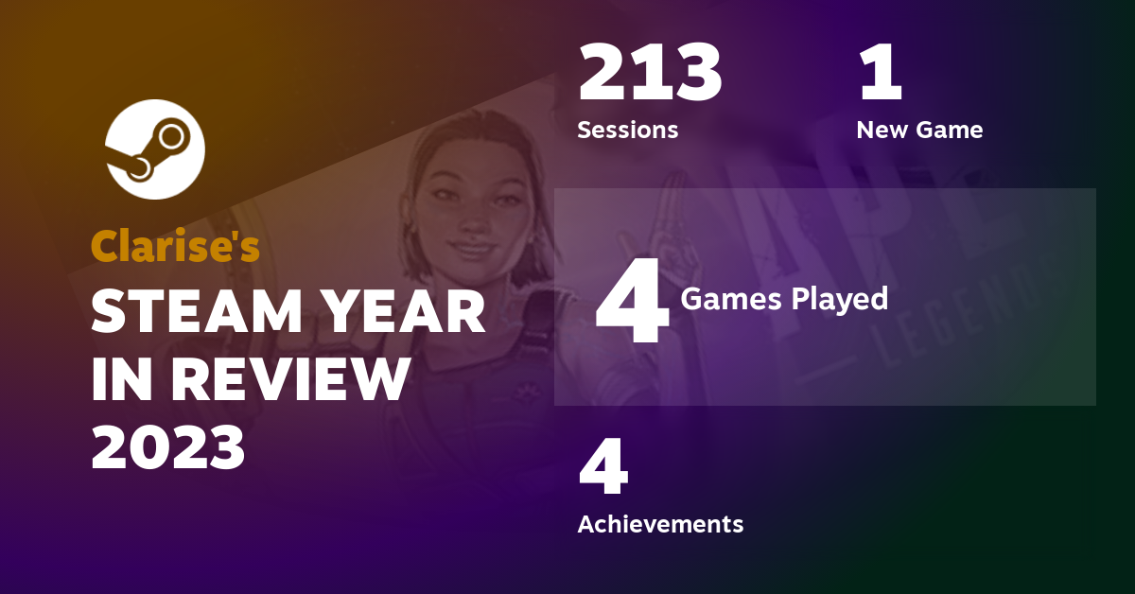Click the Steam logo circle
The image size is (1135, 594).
pyautogui.click(x=154, y=149)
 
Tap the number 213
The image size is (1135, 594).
pyautogui.click(x=650, y=75)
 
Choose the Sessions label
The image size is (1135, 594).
pyautogui.click(x=627, y=130)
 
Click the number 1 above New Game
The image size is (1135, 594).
pyautogui.click(x=880, y=75)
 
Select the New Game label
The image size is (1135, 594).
pyautogui.click(x=919, y=130)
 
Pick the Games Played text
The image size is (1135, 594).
pyautogui.click(x=784, y=299)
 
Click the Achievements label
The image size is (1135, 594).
pyautogui.click(x=660, y=523)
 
